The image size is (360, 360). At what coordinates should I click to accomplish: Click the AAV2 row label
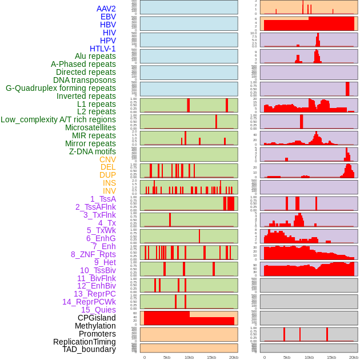tap(106, 9)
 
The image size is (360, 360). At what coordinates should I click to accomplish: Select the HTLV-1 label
tap(102, 49)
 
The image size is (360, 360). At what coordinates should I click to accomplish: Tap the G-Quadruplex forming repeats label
tap(61, 88)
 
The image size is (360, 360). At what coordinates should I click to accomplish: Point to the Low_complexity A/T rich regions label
tap(58, 119)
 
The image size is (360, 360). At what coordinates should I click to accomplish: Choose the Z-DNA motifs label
tap(92, 151)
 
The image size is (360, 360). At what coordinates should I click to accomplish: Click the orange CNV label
tap(107, 159)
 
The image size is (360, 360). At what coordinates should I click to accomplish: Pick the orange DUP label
tap(107, 175)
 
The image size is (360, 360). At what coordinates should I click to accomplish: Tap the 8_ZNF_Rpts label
tap(93, 254)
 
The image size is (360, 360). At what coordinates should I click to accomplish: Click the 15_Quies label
tap(98, 310)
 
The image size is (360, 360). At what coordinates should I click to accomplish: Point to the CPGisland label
tap(97, 318)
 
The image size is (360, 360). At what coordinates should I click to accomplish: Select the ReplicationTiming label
tap(84, 342)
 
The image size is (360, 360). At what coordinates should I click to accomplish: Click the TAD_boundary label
tap(89, 349)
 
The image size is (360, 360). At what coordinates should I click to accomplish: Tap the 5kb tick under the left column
tap(167, 357)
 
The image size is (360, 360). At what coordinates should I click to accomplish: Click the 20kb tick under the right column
tap(353, 357)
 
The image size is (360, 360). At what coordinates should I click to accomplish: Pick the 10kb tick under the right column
tap(309, 357)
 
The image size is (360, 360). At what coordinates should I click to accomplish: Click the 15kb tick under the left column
tap(211, 357)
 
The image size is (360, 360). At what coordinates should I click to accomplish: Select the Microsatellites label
tap(90, 127)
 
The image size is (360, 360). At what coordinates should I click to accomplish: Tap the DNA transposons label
tap(84, 80)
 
